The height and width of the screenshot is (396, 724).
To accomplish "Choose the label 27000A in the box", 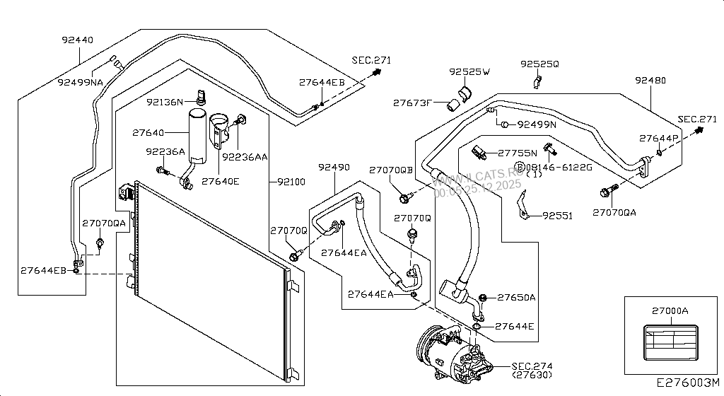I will [670, 311].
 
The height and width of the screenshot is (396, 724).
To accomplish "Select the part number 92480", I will [650, 81].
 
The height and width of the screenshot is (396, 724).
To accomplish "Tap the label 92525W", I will [470, 72].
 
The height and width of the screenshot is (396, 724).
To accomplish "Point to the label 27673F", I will [412, 103].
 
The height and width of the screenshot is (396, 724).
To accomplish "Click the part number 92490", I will [334, 168].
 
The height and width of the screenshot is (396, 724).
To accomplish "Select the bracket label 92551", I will [557, 216].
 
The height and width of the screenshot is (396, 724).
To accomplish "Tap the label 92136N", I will [165, 102].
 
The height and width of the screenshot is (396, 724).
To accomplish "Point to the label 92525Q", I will [539, 64].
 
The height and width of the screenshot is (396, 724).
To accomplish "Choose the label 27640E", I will [220, 182].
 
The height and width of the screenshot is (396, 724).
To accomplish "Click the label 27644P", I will [658, 138].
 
